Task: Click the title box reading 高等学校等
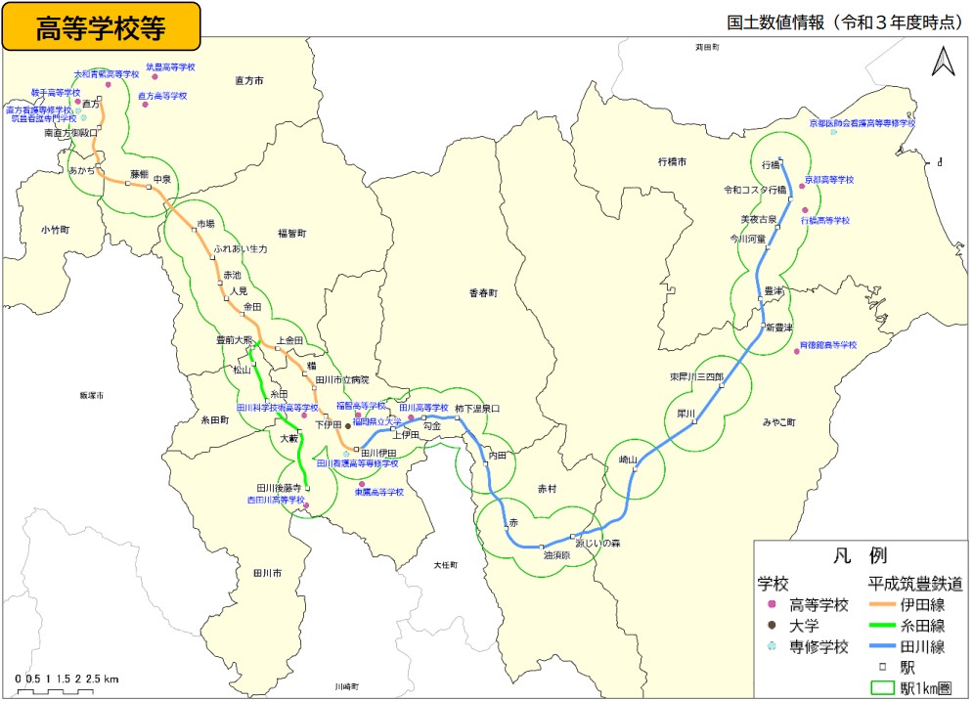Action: (102, 26)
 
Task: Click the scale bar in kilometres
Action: (67, 684)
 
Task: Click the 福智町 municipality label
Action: (291, 234)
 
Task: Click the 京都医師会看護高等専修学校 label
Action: (862, 123)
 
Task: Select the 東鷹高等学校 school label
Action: (378, 493)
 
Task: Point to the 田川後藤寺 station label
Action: (277, 487)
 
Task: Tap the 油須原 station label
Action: (556, 554)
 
